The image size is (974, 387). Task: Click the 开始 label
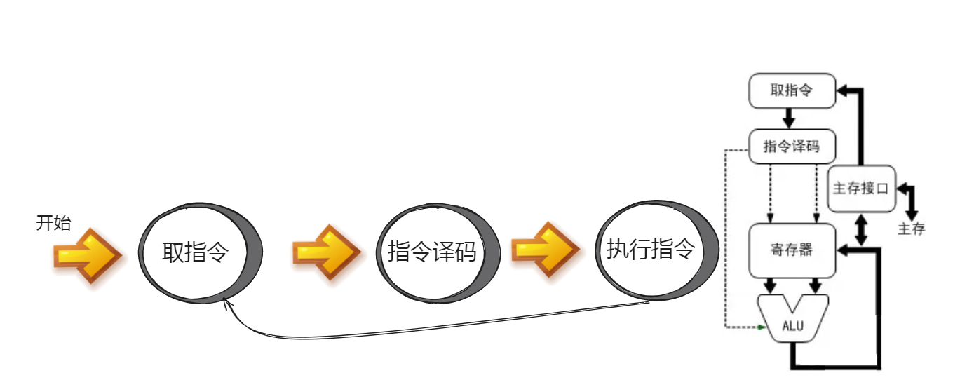point(53,224)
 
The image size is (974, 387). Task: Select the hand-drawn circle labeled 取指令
point(196,252)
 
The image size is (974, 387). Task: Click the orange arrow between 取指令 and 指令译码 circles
point(326,251)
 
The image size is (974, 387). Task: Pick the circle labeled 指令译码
point(432,252)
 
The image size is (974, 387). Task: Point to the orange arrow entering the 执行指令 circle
point(544,250)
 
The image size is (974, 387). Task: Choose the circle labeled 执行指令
point(651,249)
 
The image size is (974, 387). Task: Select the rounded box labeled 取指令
point(792,91)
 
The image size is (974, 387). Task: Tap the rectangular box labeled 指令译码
point(792,147)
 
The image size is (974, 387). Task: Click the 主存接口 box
point(861,189)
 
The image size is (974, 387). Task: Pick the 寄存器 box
point(792,250)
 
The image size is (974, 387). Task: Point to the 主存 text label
point(912,229)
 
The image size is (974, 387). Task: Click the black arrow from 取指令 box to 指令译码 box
point(788,118)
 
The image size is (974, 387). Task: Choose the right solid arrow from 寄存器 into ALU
point(816,285)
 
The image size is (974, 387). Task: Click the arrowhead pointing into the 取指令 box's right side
point(844,90)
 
